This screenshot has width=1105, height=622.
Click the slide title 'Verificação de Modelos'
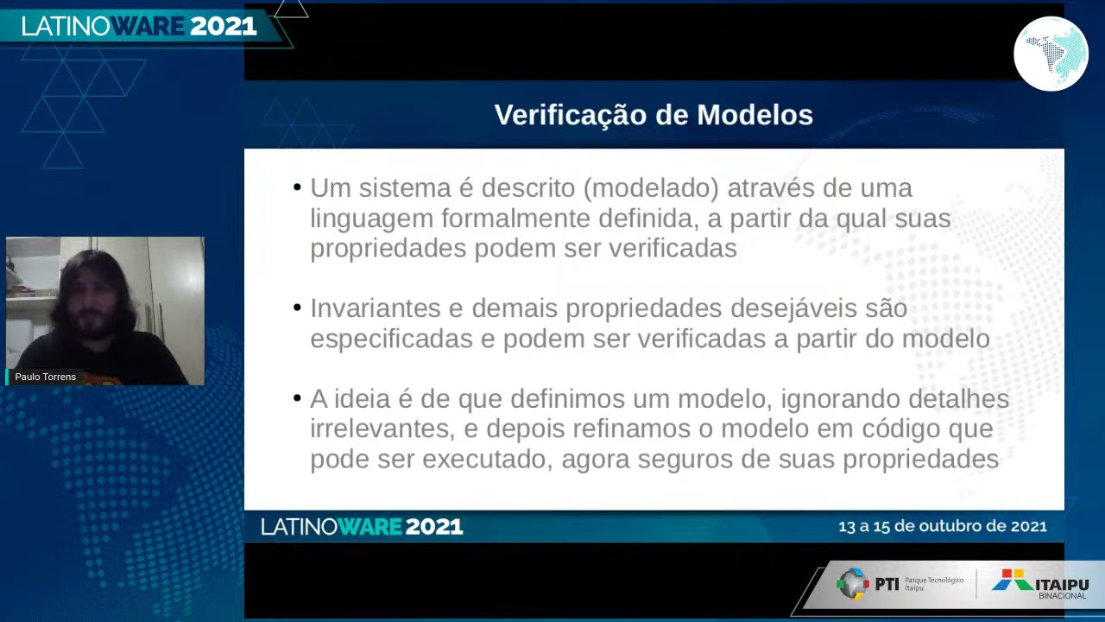[x=654, y=115]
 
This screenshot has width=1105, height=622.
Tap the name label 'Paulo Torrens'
[x=45, y=377]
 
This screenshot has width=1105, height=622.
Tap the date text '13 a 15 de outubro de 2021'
[x=942, y=526]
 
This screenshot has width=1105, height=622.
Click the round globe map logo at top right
[x=1051, y=54]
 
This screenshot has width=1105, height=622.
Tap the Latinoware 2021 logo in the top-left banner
[x=139, y=27]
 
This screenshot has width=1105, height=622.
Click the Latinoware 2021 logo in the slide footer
[x=362, y=527]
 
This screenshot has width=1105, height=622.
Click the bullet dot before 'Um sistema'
[x=297, y=187]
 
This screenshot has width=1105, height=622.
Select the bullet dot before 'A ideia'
[x=297, y=398]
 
